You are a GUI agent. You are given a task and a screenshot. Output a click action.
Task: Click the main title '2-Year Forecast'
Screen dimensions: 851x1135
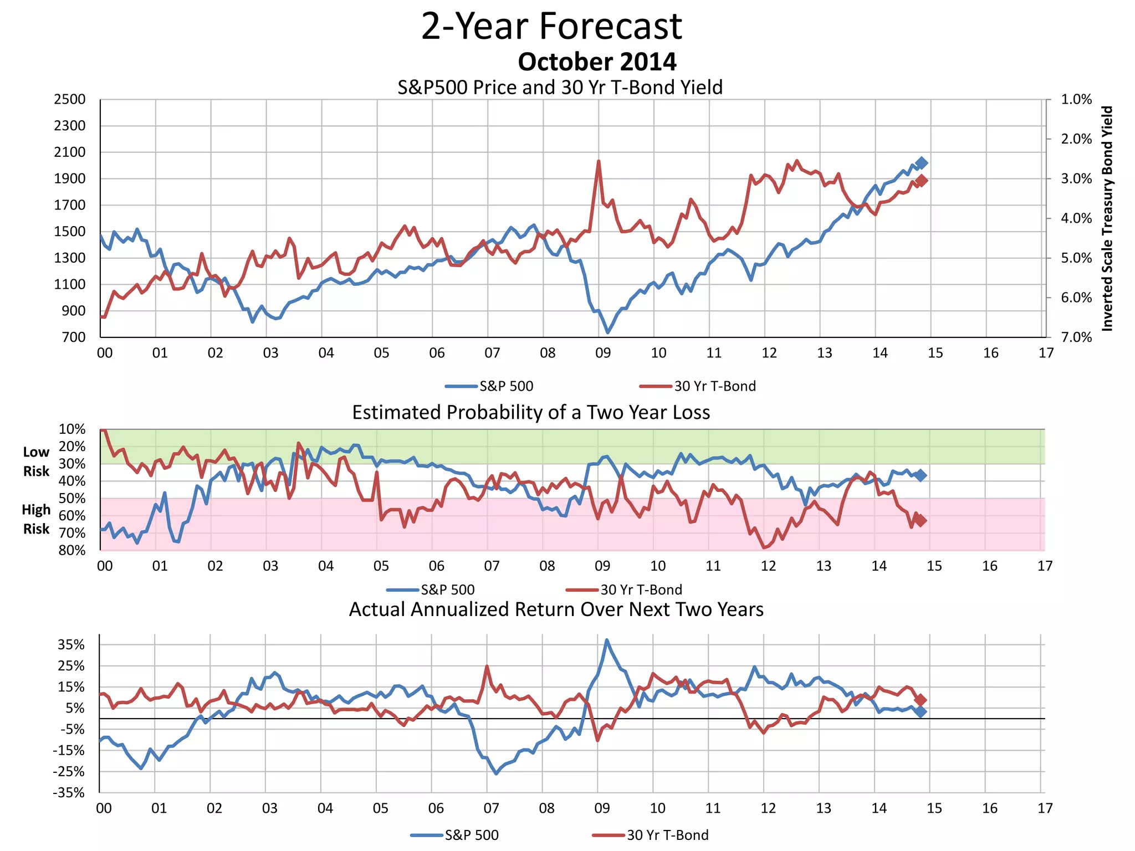point(551,26)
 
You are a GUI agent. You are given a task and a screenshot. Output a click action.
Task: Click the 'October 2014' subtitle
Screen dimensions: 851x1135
point(597,61)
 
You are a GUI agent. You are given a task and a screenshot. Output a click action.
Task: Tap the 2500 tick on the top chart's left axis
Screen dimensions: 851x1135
point(70,100)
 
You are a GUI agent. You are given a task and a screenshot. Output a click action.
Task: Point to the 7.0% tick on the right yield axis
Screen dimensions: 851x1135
point(1076,337)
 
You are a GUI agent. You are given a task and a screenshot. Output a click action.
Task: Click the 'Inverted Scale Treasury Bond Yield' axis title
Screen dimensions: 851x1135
point(1107,218)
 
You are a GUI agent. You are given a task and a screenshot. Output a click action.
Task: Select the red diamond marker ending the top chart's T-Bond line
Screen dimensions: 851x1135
point(922,181)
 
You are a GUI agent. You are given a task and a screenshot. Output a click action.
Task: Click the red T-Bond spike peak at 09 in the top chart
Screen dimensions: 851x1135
point(599,161)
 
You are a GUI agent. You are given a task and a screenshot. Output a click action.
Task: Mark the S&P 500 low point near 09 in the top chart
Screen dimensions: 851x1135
point(608,332)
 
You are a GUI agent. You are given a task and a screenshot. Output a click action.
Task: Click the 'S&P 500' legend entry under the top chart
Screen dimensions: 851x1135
point(505,386)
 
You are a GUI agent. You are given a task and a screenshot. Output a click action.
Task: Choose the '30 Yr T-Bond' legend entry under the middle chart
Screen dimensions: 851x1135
point(641,589)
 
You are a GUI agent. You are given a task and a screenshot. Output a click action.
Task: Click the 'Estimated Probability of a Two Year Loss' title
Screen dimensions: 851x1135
point(531,413)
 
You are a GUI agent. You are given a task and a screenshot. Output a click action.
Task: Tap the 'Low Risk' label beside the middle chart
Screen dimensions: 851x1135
point(36,462)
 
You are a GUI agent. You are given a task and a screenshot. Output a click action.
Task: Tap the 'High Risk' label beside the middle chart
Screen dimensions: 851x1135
point(36,519)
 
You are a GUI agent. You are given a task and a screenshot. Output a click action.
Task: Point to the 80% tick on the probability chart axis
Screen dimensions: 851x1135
point(72,551)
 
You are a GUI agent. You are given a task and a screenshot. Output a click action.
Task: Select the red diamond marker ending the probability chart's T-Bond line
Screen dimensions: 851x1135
point(920,520)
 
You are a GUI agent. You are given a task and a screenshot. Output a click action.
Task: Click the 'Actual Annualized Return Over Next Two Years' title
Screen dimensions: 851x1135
point(556,609)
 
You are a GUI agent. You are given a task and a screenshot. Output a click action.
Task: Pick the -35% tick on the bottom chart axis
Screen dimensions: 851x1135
point(69,793)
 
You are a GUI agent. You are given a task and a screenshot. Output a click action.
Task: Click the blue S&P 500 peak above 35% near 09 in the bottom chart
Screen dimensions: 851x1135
point(607,640)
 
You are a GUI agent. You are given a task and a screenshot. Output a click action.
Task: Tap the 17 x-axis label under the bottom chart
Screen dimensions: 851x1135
point(1045,808)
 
